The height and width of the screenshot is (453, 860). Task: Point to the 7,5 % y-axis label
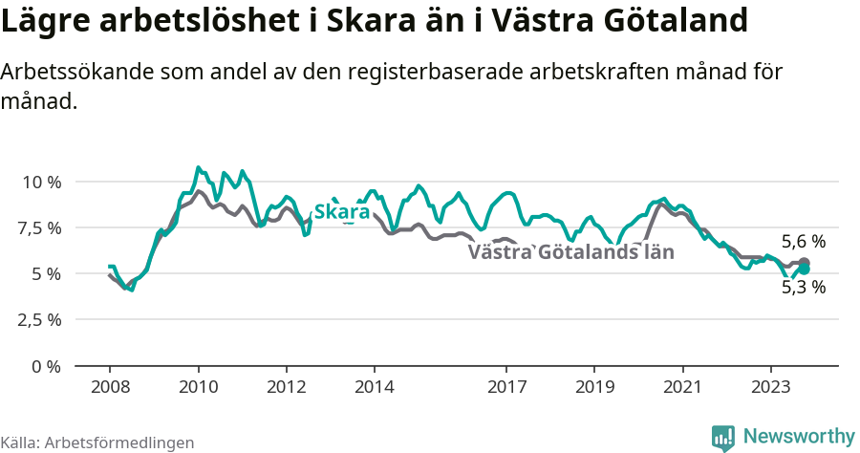[38, 227]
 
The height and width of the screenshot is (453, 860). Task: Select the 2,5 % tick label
[38, 319]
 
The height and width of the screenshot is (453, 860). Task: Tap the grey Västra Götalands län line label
[571, 252]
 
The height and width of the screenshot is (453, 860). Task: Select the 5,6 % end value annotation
[803, 242]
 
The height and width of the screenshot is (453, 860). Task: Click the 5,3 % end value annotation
[803, 287]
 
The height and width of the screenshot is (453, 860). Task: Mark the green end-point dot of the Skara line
[804, 270]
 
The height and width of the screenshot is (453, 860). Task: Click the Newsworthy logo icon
[723, 437]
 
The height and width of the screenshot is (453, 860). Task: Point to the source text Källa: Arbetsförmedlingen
[97, 442]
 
